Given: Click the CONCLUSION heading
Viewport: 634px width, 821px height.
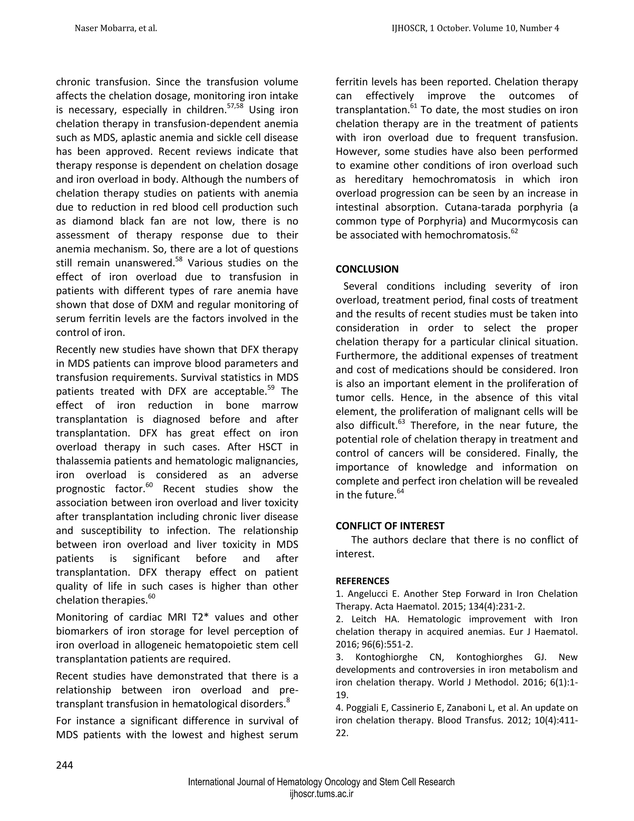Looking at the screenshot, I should pos(367,269).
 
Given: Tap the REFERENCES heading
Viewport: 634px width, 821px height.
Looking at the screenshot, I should pos(362,581).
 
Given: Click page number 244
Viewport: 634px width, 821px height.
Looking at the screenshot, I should pos(65,765).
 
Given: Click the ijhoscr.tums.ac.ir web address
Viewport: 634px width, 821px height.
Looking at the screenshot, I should pos(321,794).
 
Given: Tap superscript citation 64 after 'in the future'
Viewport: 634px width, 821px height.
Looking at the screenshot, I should pos(400,492).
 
